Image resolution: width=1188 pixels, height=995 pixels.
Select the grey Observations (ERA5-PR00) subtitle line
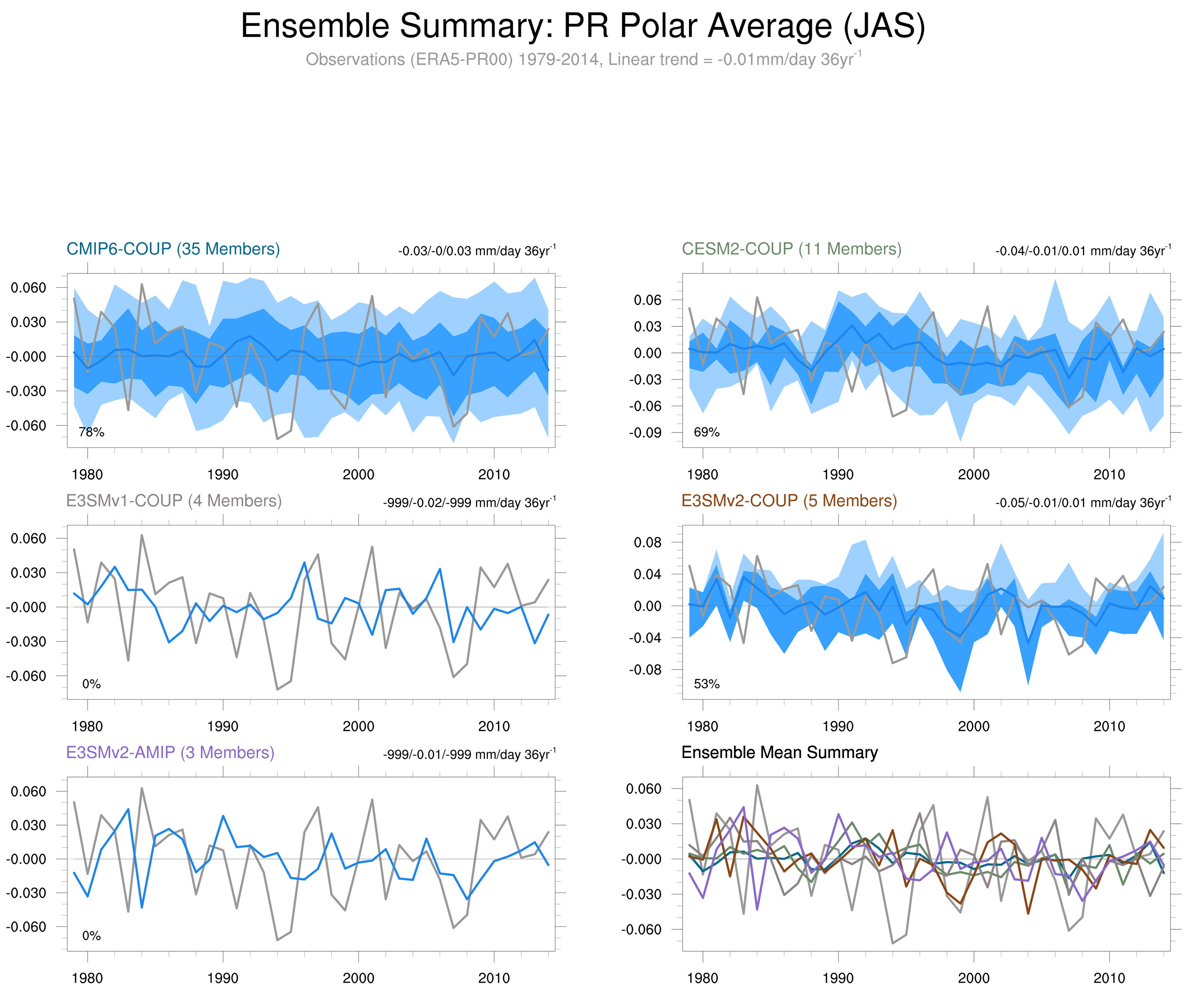[x=583, y=59]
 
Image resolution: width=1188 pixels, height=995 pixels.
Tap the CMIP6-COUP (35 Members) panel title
[x=173, y=249]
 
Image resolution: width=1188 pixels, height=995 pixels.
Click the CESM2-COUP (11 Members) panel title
[x=791, y=249]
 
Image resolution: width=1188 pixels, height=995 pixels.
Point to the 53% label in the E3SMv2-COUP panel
[x=707, y=684]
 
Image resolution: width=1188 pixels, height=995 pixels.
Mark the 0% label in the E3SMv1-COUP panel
[x=92, y=684]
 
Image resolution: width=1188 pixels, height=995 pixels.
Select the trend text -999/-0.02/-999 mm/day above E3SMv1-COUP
[x=469, y=502]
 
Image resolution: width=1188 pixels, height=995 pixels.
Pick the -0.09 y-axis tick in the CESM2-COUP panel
[x=645, y=433]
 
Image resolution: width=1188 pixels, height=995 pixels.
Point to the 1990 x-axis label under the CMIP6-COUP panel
[x=223, y=475]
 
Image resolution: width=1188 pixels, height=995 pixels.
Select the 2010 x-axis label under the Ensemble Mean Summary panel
[x=1109, y=978]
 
